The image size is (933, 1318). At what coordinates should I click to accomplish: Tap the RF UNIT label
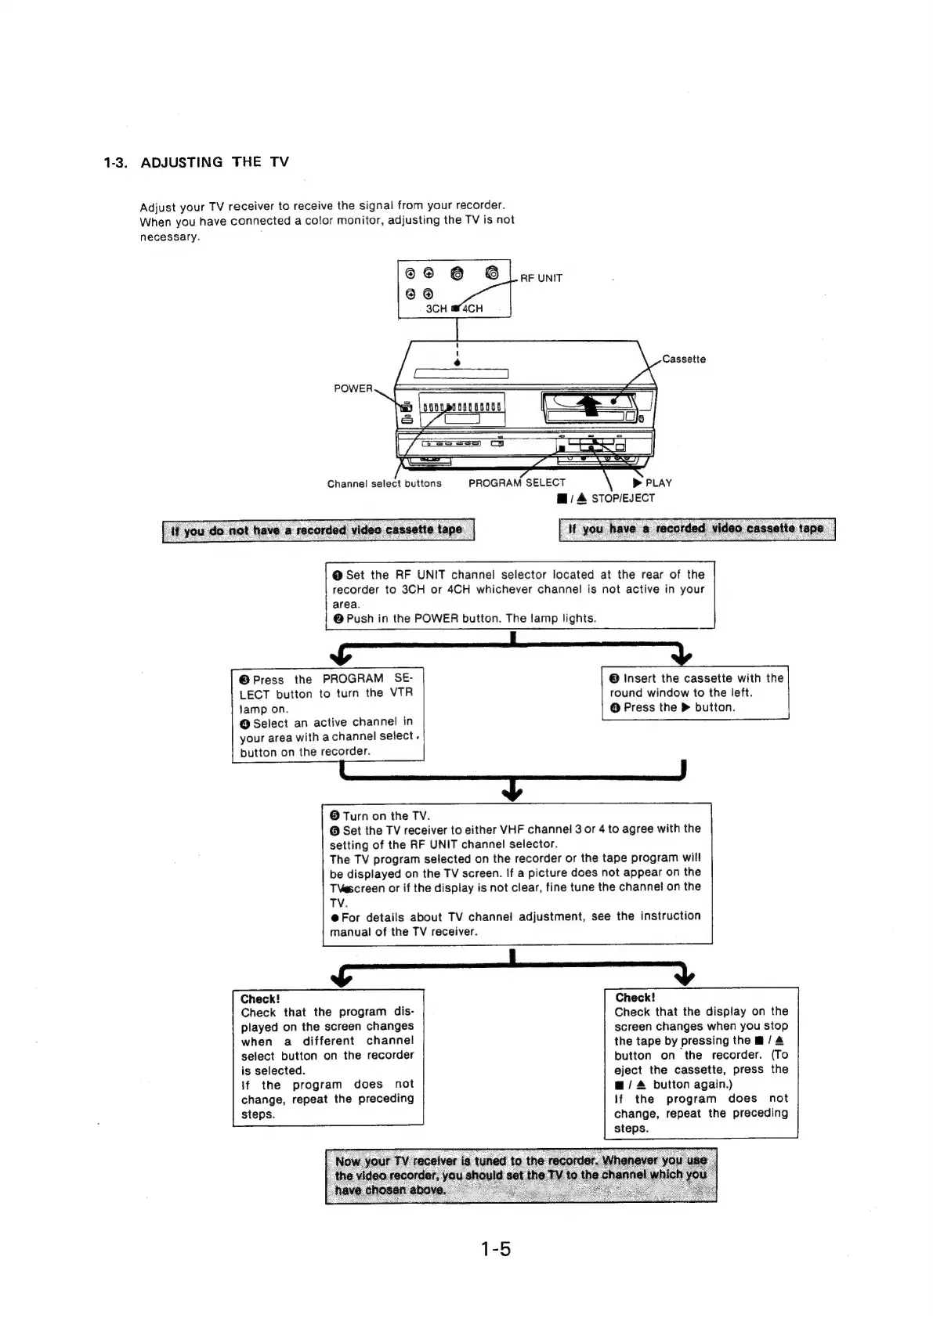click(x=541, y=278)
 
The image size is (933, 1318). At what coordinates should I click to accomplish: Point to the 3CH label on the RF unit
click(x=436, y=309)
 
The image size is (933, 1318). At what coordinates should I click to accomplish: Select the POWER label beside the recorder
click(x=353, y=388)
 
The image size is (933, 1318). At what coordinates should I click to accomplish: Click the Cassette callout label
click(x=684, y=359)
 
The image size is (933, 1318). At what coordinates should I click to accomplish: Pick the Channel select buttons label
click(x=384, y=484)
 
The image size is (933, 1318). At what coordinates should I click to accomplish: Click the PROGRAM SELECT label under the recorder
click(x=516, y=483)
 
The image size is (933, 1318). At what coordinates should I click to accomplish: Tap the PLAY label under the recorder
click(x=657, y=483)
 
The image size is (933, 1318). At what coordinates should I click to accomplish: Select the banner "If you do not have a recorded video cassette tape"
click(x=317, y=530)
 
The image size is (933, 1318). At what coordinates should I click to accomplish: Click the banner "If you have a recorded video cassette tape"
click(x=696, y=529)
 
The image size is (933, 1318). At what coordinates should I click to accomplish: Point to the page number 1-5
click(x=495, y=1249)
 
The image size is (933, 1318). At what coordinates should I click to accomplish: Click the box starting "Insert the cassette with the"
click(x=695, y=693)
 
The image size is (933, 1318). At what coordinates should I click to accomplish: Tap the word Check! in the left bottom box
click(x=260, y=999)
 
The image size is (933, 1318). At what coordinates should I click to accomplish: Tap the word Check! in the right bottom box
click(x=635, y=998)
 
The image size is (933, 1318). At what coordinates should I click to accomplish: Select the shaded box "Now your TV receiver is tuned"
click(x=521, y=1175)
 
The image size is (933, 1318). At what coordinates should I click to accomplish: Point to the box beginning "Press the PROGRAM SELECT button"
click(x=327, y=715)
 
